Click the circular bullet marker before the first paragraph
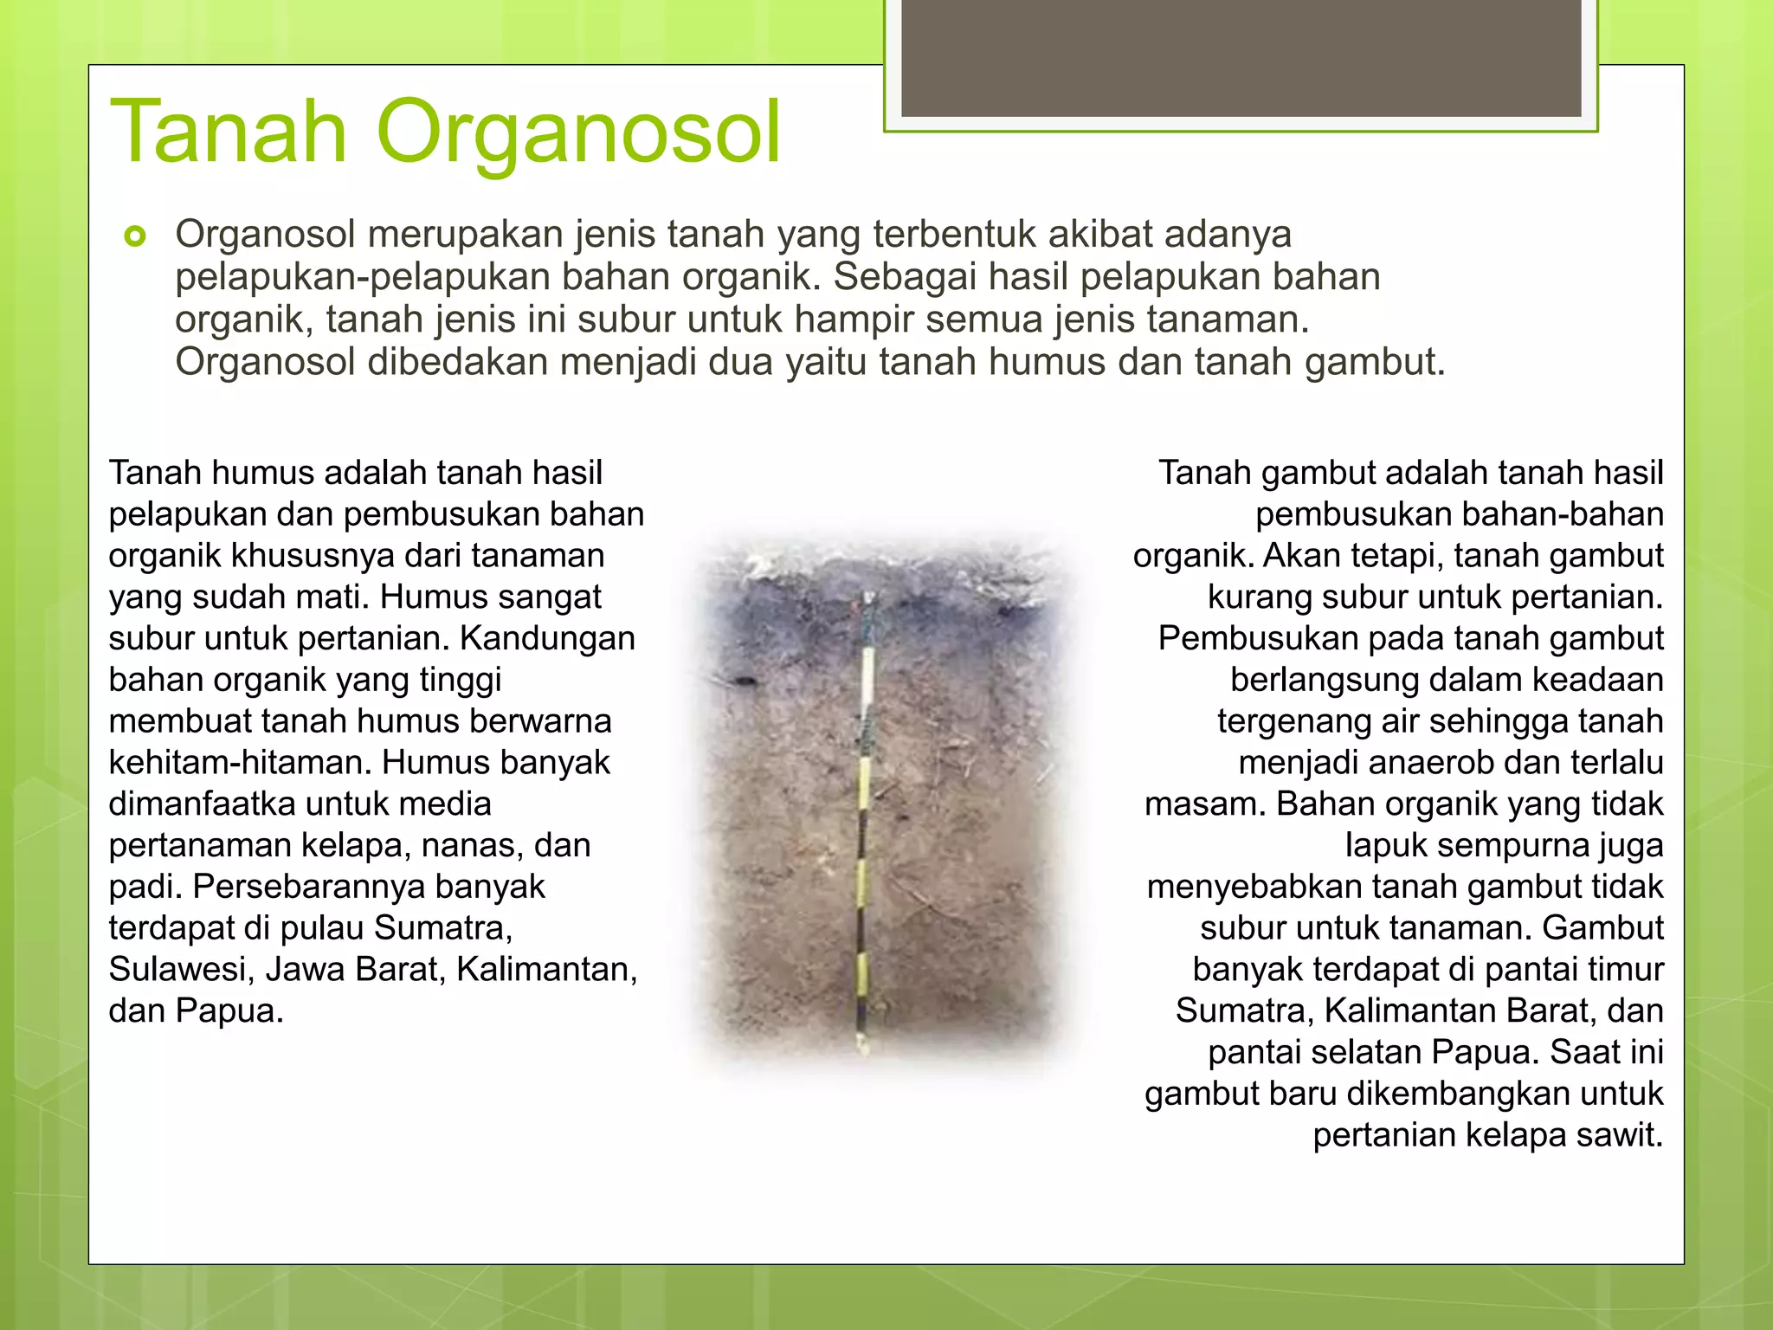[135, 236]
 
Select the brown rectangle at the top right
[1241, 57]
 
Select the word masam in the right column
[1205, 804]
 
